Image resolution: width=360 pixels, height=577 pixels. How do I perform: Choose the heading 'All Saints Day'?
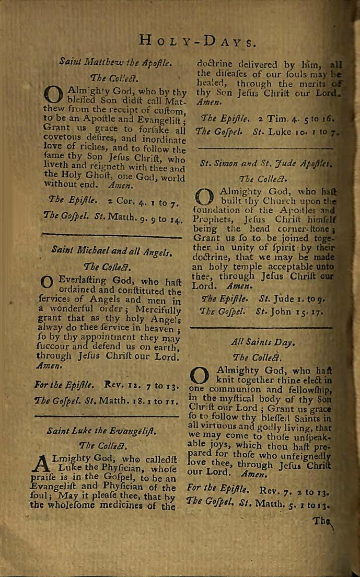[x=263, y=343]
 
